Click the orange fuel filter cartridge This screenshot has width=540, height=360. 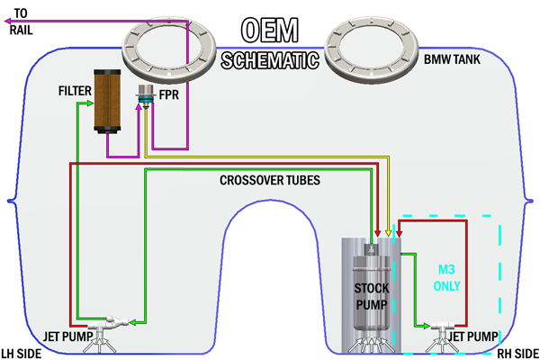(106, 101)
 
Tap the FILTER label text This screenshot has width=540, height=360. (73, 90)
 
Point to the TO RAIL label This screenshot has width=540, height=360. (24, 21)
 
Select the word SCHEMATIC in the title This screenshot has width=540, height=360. (269, 61)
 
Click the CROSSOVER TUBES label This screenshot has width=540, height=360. (266, 179)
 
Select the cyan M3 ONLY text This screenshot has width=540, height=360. (448, 278)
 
